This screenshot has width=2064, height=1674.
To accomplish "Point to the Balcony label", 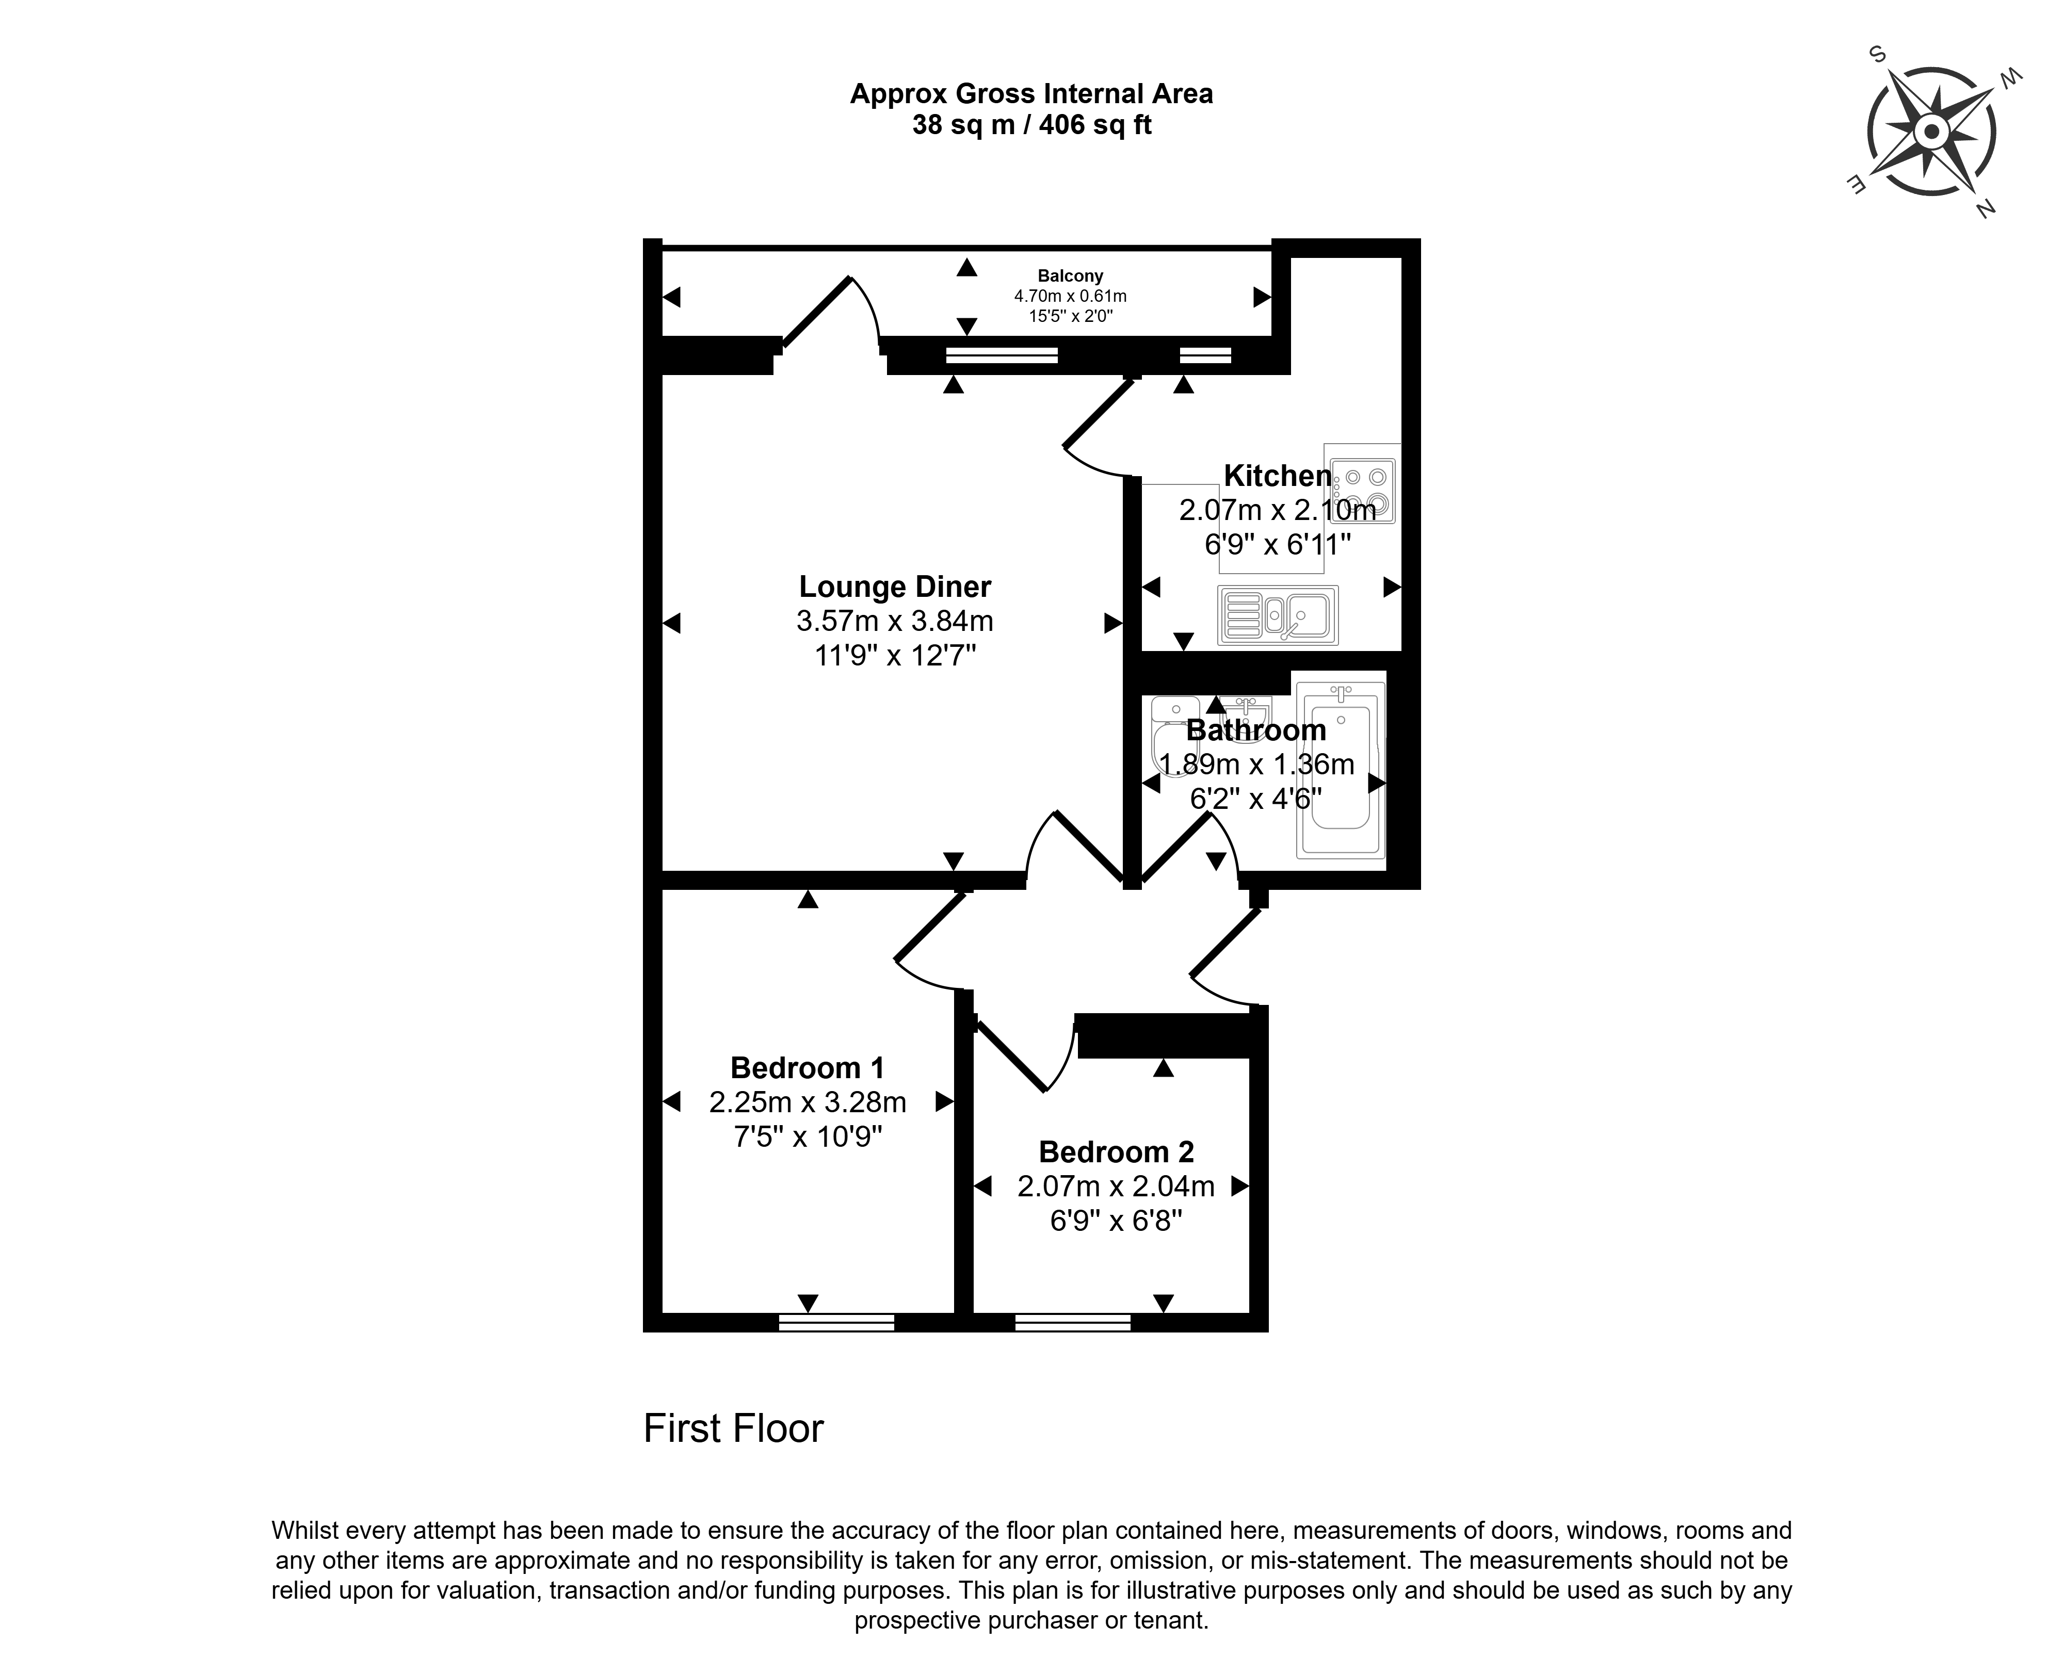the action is tap(1070, 276).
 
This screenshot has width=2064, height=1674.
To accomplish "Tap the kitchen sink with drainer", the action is tap(1277, 614).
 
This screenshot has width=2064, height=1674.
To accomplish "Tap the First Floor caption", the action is tap(733, 1428).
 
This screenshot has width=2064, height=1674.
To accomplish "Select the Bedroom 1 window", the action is tap(836, 1322).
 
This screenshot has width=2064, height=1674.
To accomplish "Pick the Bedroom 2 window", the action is tap(1073, 1322).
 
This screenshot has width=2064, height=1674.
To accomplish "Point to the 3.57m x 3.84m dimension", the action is tap(895, 621).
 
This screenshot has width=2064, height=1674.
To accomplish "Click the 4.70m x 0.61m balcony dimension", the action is tap(1070, 296).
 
